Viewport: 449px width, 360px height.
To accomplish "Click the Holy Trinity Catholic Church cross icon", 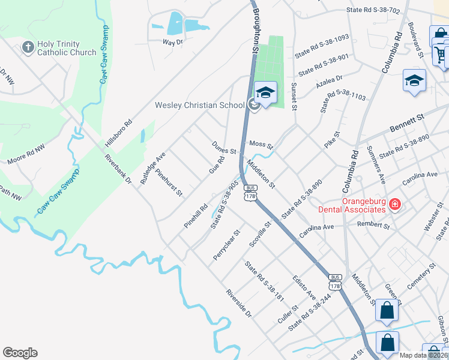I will (28, 47).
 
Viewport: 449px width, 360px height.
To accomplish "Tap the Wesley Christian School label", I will (200, 105).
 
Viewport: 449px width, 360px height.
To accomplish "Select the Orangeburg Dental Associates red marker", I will (395, 205).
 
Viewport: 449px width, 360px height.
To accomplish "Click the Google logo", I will (20, 353).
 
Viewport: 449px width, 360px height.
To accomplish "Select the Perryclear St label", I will (226, 245).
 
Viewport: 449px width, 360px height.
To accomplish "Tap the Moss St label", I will (262, 145).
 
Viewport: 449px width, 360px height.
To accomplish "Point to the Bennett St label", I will (407, 127).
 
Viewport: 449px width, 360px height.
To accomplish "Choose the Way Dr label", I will (172, 42).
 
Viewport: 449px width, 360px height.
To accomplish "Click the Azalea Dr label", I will (330, 79).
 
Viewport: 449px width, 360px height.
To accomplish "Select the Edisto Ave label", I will (305, 288).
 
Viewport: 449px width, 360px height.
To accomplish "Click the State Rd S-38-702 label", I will (373, 10).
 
